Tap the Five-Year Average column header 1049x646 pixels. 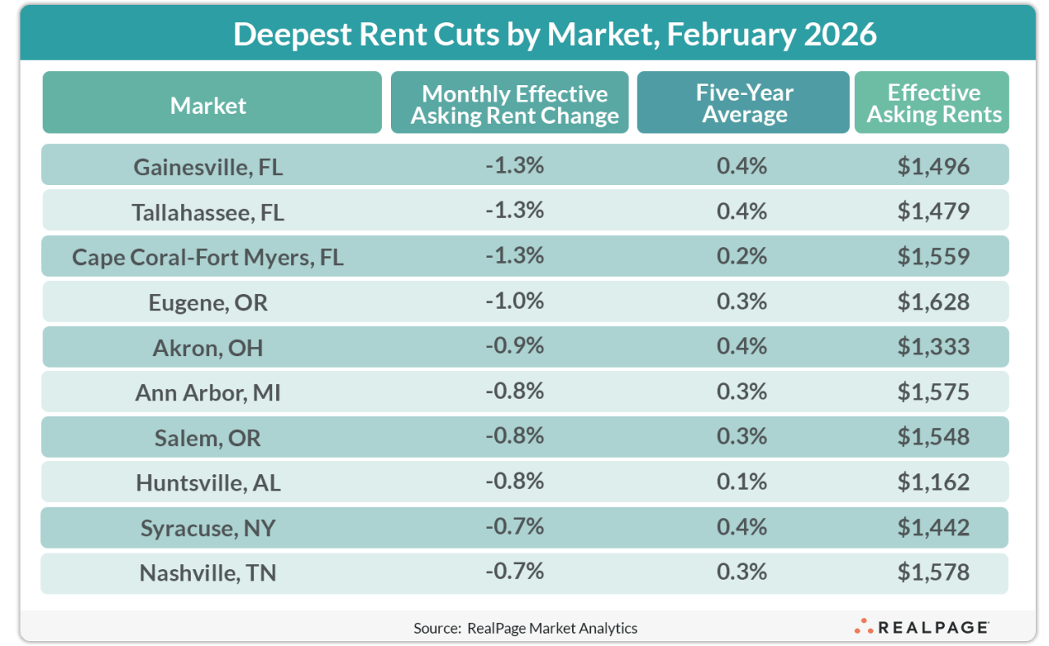click(x=743, y=103)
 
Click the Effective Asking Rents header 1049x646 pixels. click(x=933, y=103)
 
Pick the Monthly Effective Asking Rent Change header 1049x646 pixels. click(x=514, y=104)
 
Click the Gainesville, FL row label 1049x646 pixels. click(x=208, y=167)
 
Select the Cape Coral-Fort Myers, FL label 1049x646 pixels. click(x=208, y=257)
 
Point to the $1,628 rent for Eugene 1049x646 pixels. click(x=933, y=301)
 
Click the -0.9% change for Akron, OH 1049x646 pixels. click(x=514, y=346)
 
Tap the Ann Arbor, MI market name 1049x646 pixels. click(x=208, y=392)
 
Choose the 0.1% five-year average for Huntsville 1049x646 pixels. click(x=742, y=481)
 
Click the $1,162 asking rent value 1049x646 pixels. click(x=933, y=481)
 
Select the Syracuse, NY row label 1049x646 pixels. click(x=208, y=528)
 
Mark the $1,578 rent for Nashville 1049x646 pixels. click(x=933, y=571)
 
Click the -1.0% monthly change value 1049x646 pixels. click(x=514, y=301)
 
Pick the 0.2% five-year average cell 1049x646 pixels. click(x=742, y=256)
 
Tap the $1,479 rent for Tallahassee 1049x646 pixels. click(x=933, y=211)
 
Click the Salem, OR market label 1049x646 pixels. click(x=208, y=437)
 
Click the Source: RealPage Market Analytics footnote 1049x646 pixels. click(x=525, y=628)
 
